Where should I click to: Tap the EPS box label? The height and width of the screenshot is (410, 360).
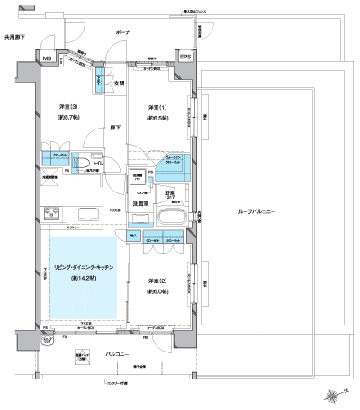coord(185,58)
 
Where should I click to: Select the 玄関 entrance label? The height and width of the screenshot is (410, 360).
coord(118,85)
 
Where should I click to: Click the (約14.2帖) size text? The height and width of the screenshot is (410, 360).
coord(83,280)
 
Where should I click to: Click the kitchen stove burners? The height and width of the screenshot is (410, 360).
coord(49,213)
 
